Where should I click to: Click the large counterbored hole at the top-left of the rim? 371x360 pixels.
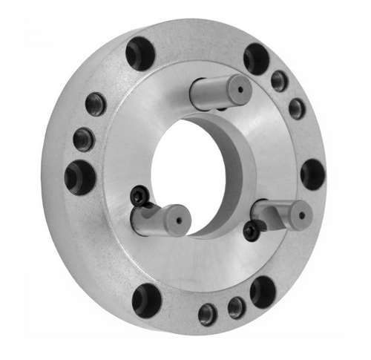[139, 53]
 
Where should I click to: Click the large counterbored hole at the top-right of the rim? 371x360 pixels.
[257, 58]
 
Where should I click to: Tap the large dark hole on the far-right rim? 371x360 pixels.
[312, 174]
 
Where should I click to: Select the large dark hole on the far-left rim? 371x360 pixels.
[79, 177]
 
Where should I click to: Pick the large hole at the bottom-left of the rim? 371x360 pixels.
[147, 300]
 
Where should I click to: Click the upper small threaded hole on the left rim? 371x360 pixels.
[96, 104]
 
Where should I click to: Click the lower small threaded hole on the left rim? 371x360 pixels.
[84, 139]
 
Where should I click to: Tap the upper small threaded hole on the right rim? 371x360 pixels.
[280, 80]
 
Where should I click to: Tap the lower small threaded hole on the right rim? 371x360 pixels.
[297, 108]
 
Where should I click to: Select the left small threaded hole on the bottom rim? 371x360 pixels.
[209, 314]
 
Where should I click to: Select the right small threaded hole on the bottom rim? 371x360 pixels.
[237, 307]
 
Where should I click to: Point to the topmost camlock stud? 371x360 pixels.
[221, 92]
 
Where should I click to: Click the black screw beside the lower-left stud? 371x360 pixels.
[139, 195]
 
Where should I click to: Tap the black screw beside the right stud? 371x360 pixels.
[252, 232]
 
